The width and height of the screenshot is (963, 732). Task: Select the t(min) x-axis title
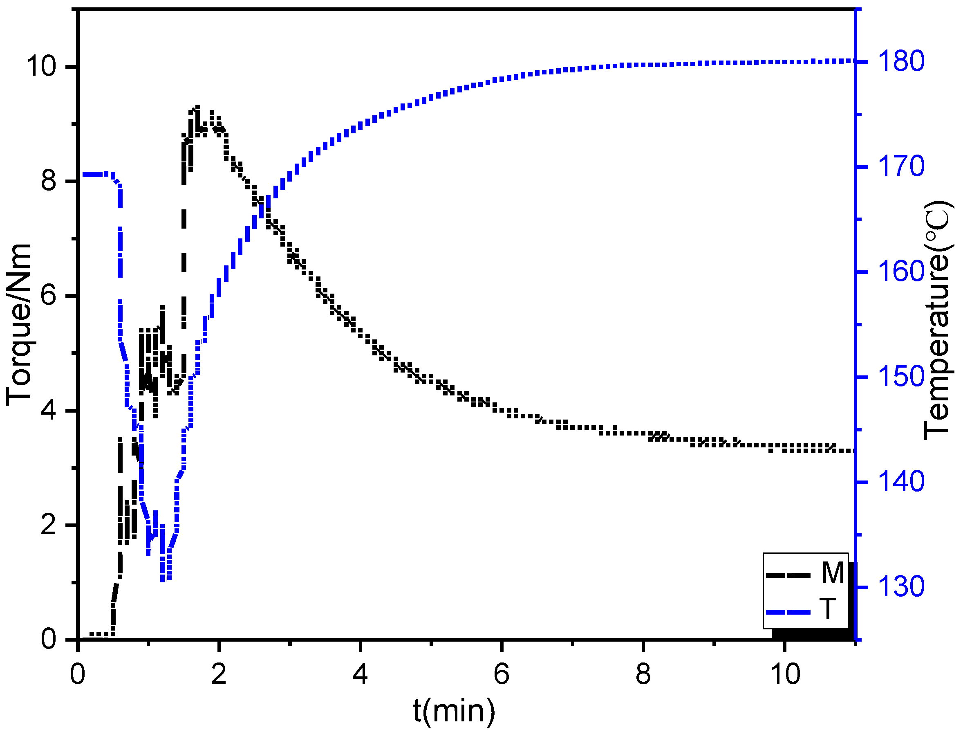click(454, 710)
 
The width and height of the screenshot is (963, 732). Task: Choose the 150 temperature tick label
click(901, 377)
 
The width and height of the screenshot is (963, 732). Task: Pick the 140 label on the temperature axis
click(901, 482)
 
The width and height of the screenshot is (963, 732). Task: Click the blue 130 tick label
click(901, 587)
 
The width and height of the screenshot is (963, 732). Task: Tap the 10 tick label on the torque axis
click(42, 67)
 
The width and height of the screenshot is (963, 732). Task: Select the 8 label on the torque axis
click(49, 181)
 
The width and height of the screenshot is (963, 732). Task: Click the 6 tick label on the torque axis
click(49, 296)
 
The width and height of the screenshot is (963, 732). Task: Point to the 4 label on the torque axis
click(49, 411)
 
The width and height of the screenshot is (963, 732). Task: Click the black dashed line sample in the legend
click(788, 575)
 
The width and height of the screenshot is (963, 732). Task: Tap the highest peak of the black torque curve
click(197, 108)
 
